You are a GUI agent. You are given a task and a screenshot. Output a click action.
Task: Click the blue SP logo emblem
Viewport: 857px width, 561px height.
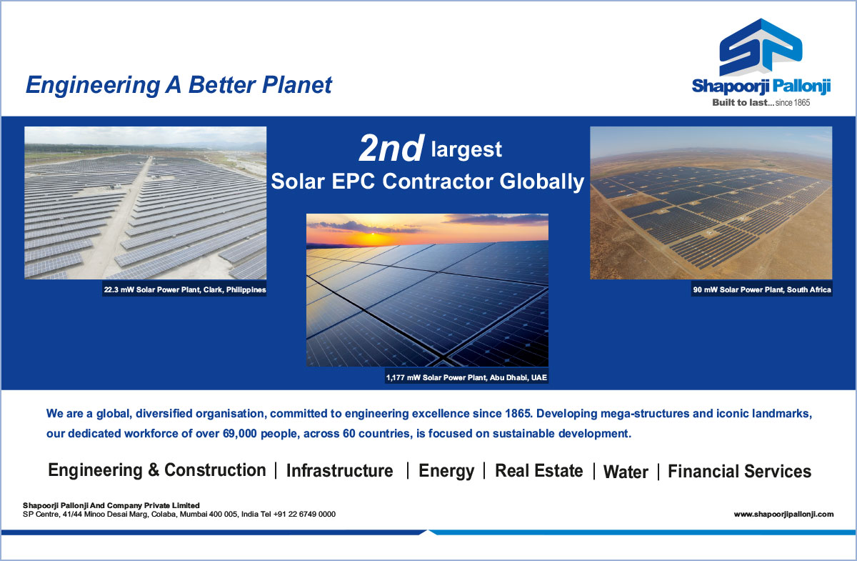pyautogui.click(x=761, y=46)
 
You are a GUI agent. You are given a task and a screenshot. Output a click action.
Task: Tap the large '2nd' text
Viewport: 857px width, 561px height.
pyautogui.click(x=391, y=148)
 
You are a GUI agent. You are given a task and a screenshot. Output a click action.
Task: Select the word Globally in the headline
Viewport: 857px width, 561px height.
pyautogui.click(x=542, y=182)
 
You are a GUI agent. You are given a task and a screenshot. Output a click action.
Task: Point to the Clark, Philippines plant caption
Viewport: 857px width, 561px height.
pyautogui.click(x=185, y=290)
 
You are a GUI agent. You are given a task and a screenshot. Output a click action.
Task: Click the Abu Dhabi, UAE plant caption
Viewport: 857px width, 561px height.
pyautogui.click(x=466, y=377)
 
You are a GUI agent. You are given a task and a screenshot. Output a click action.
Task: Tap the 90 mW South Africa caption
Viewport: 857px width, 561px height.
pyautogui.click(x=762, y=290)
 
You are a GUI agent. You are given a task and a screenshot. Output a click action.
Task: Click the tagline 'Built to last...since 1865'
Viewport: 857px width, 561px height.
pyautogui.click(x=761, y=103)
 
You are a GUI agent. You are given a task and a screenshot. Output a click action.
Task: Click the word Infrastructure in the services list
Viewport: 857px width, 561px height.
pyautogui.click(x=339, y=471)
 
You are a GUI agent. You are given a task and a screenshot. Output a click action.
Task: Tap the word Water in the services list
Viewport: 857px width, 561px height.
pyautogui.click(x=626, y=472)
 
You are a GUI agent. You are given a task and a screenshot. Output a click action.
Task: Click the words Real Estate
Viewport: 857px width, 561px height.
pyautogui.click(x=538, y=471)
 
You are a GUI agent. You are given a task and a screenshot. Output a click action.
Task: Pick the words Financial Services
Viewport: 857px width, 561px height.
pyautogui.click(x=739, y=472)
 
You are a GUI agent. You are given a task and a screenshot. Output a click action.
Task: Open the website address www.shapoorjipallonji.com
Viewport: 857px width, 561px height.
pyautogui.click(x=783, y=515)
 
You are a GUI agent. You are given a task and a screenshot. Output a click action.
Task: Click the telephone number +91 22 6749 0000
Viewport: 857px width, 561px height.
pyautogui.click(x=304, y=515)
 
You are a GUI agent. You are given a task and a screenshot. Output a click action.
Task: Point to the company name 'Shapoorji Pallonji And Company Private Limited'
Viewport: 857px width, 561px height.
pyautogui.click(x=111, y=505)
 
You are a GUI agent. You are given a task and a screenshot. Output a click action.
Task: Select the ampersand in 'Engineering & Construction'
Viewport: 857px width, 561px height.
pyautogui.click(x=154, y=470)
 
